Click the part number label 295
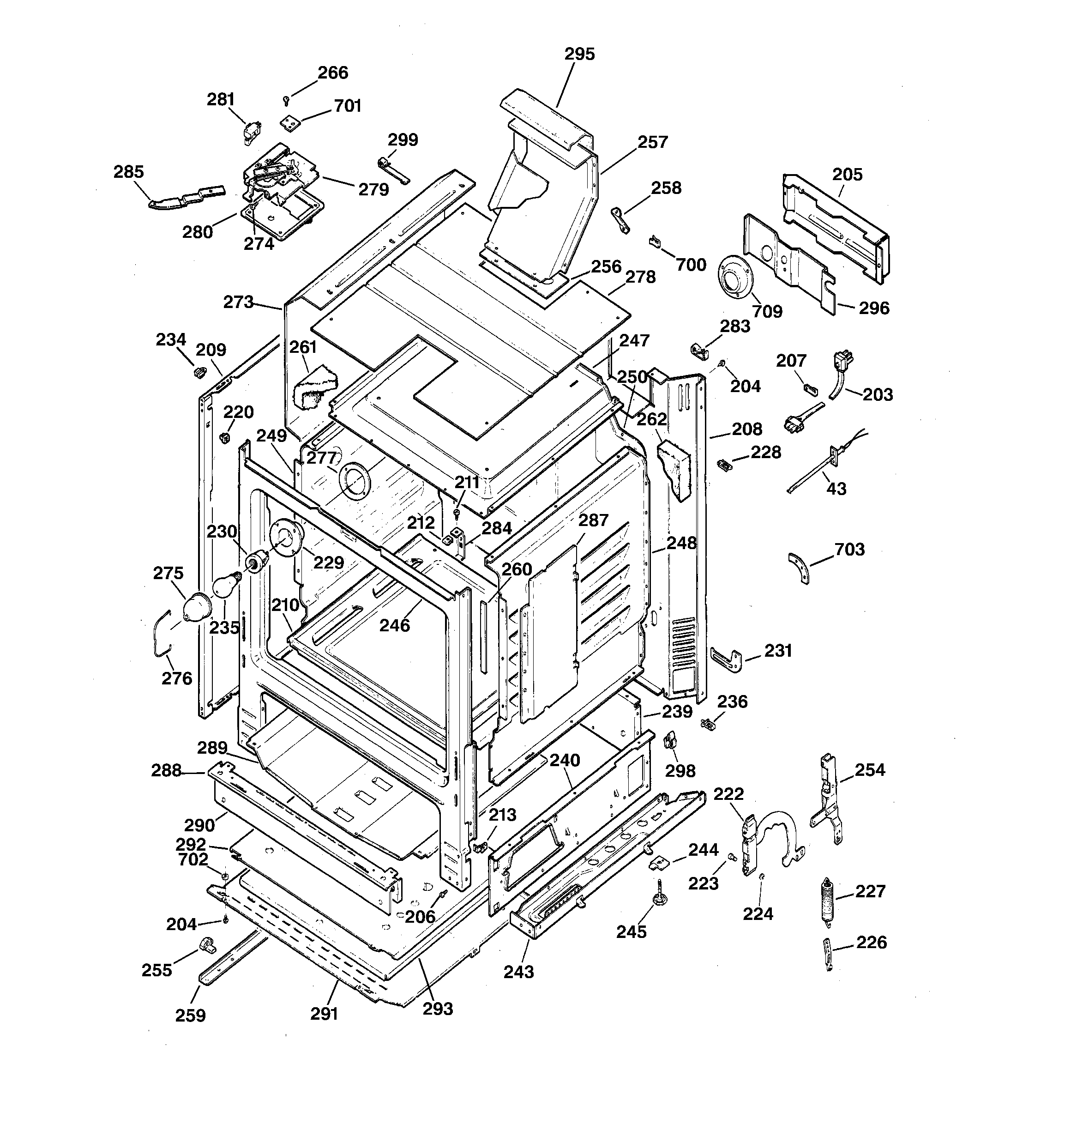tap(579, 54)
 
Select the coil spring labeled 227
tap(826, 901)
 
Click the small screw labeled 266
tap(286, 101)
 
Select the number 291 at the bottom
tap(324, 1014)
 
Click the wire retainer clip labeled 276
tap(162, 632)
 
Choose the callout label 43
tap(836, 489)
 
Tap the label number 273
tap(239, 302)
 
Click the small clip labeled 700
tap(654, 242)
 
